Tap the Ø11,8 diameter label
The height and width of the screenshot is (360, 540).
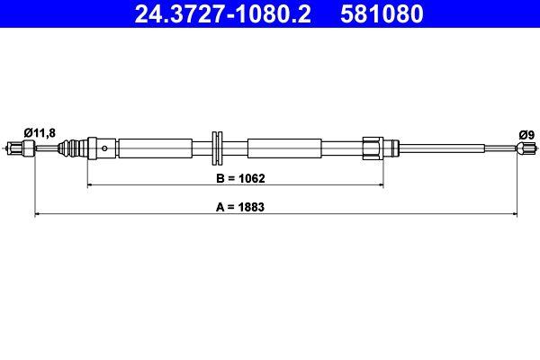click(39, 132)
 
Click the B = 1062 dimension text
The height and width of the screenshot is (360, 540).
click(238, 178)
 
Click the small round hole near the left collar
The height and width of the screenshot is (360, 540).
click(106, 148)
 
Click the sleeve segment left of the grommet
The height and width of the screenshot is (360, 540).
click(155, 148)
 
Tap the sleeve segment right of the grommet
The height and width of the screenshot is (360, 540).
click(284, 148)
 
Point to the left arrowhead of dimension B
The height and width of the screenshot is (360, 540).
click(90, 186)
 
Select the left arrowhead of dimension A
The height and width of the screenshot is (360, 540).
click(37, 214)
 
